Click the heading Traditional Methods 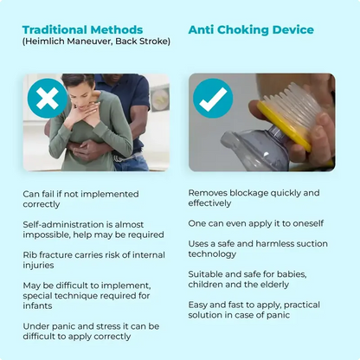pos(82,29)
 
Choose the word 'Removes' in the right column pos(209,192)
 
